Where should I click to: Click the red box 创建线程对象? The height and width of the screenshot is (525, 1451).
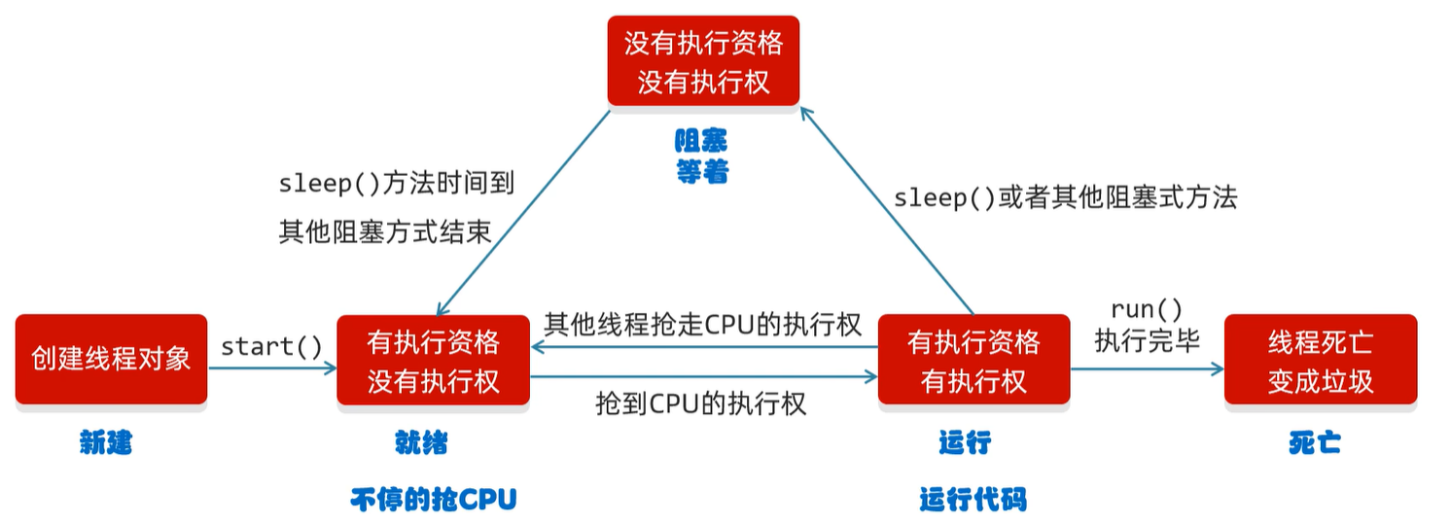[x=111, y=359]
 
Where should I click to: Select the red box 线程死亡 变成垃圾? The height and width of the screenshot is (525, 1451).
[x=1320, y=359]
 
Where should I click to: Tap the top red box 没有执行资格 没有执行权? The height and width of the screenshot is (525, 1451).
[x=703, y=60]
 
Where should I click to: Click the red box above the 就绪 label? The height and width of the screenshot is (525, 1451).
[x=433, y=359]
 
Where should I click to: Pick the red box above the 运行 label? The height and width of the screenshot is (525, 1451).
[x=973, y=359]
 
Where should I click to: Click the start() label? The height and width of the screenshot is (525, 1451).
[x=271, y=346]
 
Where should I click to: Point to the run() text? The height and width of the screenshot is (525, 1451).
[x=1147, y=310]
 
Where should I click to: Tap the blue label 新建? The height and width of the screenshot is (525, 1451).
[x=105, y=443]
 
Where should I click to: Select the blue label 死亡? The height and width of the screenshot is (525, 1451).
[x=1315, y=443]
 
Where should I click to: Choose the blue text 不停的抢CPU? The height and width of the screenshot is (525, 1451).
[x=433, y=500]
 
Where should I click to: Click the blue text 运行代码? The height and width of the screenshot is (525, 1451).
[x=973, y=500]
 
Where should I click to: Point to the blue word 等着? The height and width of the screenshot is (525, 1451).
[x=702, y=172]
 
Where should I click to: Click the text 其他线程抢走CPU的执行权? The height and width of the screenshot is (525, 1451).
[x=703, y=324]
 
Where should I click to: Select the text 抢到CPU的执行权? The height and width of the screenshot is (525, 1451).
[x=701, y=403]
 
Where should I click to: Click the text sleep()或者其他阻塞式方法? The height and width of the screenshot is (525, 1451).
[x=1066, y=198]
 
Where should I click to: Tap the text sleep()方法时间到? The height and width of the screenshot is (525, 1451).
[x=396, y=182]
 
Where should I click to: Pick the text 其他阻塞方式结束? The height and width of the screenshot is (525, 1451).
[x=384, y=231]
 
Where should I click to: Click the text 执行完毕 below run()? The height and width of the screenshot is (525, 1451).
[x=1147, y=340]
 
